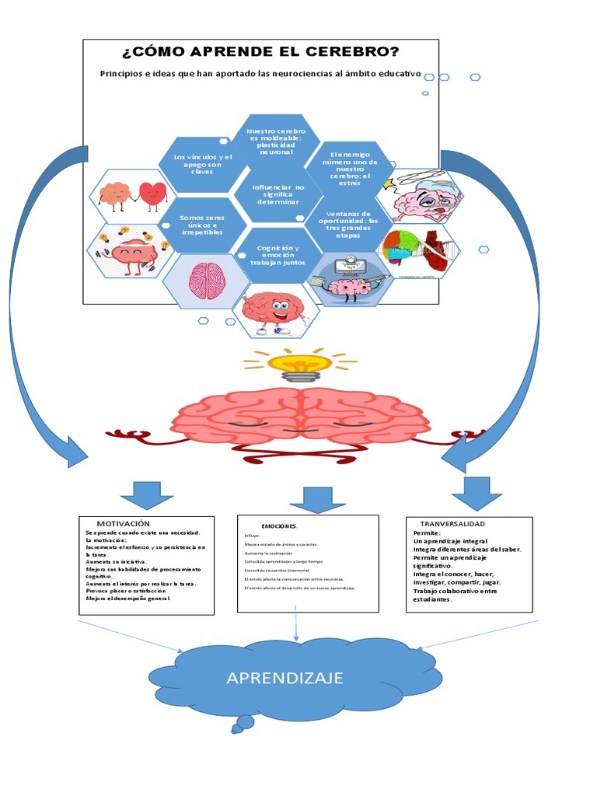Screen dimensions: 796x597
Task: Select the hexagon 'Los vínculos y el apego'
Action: (x=202, y=164)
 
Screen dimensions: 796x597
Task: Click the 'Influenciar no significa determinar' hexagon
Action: (x=278, y=194)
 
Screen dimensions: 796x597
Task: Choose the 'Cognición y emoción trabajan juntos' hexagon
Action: (x=278, y=255)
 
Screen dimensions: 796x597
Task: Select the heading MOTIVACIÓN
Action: (x=123, y=524)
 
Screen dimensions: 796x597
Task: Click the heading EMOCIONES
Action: (x=279, y=526)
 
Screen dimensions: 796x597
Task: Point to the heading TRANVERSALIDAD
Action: (x=452, y=524)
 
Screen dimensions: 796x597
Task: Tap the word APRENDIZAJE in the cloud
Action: (x=285, y=678)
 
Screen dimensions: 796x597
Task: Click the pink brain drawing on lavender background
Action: (x=208, y=278)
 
